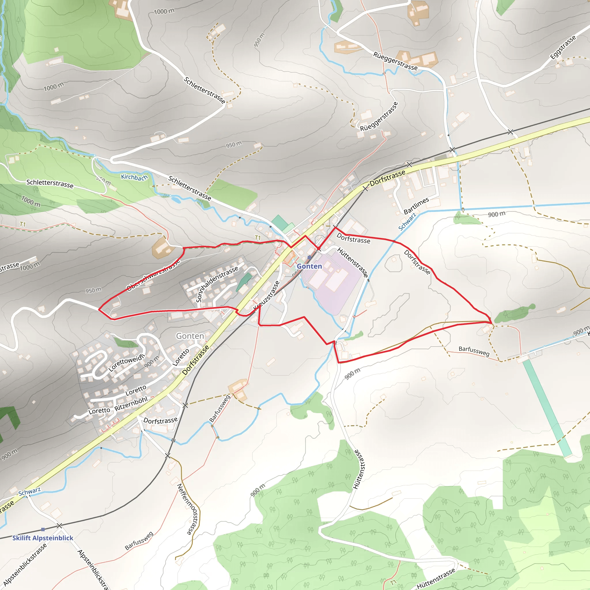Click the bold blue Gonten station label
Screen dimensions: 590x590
click(x=309, y=266)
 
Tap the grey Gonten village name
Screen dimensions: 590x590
click(x=190, y=336)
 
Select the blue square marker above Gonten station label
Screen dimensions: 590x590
click(x=309, y=258)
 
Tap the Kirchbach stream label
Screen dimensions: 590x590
click(x=134, y=177)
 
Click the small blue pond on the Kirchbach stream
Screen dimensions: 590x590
click(x=176, y=200)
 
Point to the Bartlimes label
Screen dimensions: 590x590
click(x=416, y=205)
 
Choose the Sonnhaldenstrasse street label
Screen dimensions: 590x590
click(x=217, y=284)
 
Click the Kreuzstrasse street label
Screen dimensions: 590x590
click(x=266, y=295)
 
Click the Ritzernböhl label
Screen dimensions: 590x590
click(x=131, y=404)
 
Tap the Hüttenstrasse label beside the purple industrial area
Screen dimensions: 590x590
click(x=353, y=263)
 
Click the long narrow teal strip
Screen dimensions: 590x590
click(x=546, y=408)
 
